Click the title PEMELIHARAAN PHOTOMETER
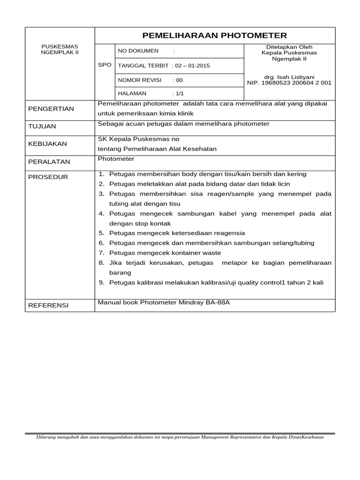(215, 36)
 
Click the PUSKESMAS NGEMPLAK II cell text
(60, 50)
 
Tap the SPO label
(105, 65)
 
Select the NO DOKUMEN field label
(138, 51)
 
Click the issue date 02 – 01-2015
(193, 66)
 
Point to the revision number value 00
(180, 80)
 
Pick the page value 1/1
(180, 94)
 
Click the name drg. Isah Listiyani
(289, 77)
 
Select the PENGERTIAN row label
(51, 109)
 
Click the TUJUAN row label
(42, 127)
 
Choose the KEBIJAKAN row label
(47, 144)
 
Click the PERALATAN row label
(49, 162)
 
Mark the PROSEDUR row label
(48, 177)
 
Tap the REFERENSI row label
(48, 306)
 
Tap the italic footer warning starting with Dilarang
(180, 437)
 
